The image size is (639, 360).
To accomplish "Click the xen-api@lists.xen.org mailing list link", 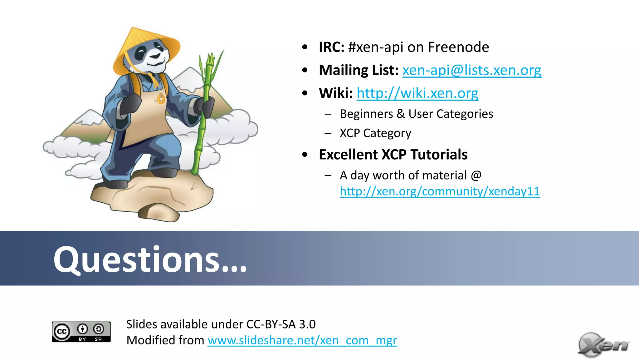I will pos(471,70).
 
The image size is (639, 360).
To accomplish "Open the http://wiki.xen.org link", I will pos(417,93).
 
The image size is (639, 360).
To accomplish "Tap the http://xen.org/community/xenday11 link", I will pos(440,191).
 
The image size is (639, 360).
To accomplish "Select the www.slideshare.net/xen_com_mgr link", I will pos(302,340).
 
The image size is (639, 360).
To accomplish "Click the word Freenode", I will pos(458,47).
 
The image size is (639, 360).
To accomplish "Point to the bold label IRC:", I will pos(331,47).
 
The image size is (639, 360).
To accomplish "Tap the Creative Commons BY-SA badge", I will pos(81,332).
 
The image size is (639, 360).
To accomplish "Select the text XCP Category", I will pos(375,133).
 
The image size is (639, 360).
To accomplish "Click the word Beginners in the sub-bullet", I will pos(366,114).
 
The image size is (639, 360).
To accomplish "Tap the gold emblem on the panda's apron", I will pos(161,99).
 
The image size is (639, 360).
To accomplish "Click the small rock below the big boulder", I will pos(159,212).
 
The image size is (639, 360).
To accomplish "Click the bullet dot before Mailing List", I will pos(305,70).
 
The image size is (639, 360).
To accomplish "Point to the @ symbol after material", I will pos(476,175).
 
